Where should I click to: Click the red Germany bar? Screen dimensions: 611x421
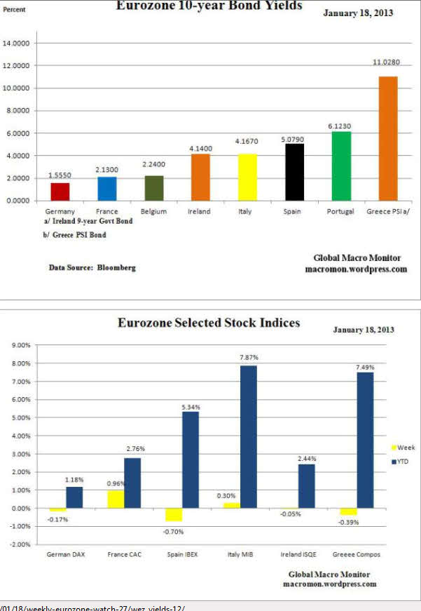tap(60, 191)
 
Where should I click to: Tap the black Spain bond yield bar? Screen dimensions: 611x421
tap(294, 172)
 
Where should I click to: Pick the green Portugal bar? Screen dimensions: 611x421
tap(341, 166)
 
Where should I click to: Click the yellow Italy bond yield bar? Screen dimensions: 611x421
tap(247, 177)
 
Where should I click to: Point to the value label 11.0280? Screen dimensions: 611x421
tap(387, 62)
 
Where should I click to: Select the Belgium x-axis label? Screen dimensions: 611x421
tap(153, 211)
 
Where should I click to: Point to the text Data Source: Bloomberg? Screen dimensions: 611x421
tap(92, 267)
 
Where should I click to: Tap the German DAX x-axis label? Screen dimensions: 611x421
tap(65, 554)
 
